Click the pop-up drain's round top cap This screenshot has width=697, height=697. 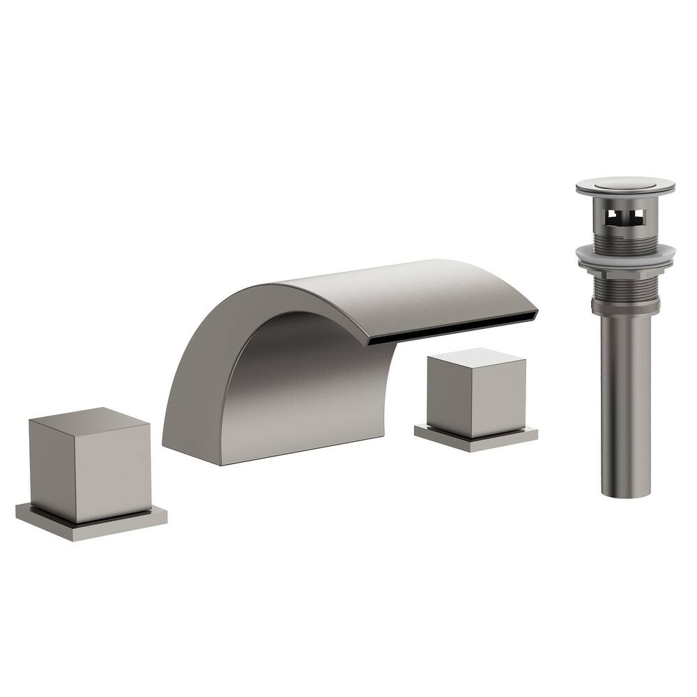point(625,185)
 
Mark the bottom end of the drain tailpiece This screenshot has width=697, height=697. point(626,492)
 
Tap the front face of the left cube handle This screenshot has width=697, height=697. point(115,474)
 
